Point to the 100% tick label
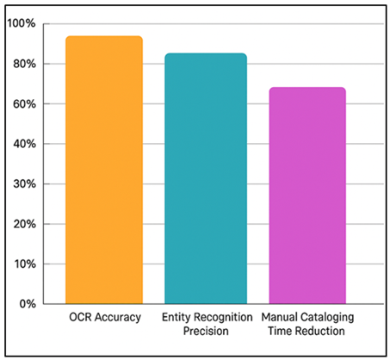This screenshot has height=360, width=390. (x=21, y=24)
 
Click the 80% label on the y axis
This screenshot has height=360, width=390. (x=22, y=64)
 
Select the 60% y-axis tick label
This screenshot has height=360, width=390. (x=22, y=104)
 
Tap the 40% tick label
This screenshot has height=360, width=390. (x=22, y=144)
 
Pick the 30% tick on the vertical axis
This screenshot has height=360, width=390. (x=22, y=184)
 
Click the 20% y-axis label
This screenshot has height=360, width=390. (x=22, y=224)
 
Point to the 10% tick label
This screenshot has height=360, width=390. (x=22, y=264)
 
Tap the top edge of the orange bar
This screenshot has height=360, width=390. (x=104, y=37)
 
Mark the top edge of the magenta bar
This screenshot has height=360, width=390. (x=307, y=88)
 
